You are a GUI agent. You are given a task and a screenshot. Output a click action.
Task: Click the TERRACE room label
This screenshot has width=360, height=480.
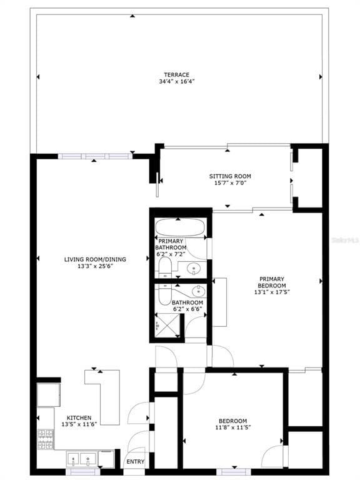(177, 75)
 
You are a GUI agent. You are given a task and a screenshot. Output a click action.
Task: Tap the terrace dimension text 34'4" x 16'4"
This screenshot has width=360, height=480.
(177, 81)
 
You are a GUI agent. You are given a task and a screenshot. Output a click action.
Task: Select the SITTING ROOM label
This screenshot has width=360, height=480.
(230, 176)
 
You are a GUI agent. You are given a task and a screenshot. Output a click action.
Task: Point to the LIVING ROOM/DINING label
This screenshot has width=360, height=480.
(95, 259)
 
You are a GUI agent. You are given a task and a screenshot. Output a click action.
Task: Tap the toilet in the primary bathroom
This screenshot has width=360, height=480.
(165, 267)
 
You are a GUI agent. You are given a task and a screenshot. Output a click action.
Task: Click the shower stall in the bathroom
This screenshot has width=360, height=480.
(167, 325)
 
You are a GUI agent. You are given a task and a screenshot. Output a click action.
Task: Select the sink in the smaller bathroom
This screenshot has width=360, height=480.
(199, 291)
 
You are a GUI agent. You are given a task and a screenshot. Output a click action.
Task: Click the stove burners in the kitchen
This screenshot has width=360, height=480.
(45, 439)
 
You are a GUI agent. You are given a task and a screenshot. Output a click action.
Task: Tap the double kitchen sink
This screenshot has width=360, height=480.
(81, 459)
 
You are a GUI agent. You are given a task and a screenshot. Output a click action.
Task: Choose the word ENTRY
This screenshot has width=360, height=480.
(135, 462)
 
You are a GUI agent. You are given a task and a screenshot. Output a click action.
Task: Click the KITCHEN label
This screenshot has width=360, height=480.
(79, 418)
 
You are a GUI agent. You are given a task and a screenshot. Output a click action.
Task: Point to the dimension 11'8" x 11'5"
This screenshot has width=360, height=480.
(233, 427)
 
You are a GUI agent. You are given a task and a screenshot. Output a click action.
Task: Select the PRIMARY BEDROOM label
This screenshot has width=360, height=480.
(272, 282)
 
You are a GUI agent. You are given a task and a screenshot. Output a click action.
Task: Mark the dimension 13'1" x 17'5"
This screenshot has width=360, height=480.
(272, 292)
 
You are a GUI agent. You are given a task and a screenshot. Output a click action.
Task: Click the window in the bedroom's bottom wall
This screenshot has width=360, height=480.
(234, 472)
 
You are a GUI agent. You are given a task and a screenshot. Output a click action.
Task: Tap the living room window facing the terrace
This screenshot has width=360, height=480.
(95, 156)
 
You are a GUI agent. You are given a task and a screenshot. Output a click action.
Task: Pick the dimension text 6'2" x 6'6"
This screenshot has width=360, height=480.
(187, 309)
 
